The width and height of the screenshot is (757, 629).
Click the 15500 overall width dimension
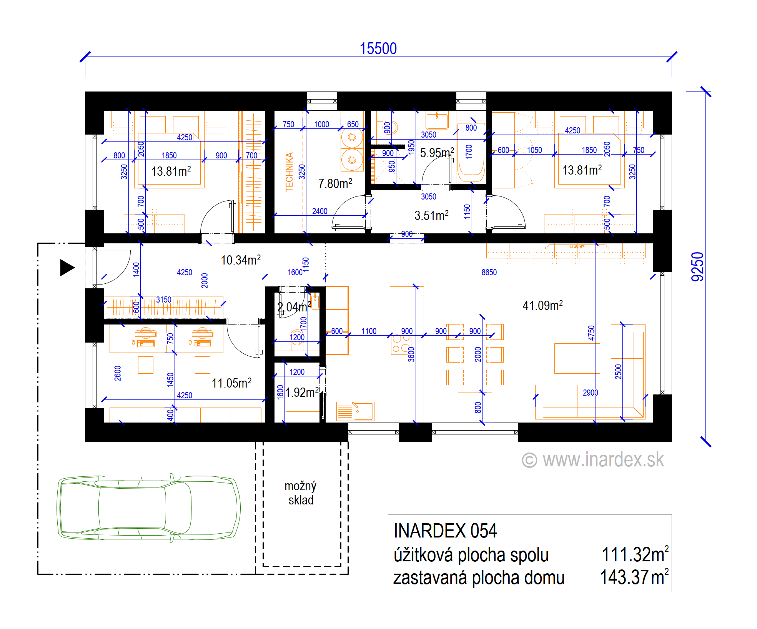pyautogui.click(x=378, y=49)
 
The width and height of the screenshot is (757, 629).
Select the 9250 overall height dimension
pyautogui.click(x=697, y=267)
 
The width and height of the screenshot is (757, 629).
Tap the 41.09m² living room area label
pyautogui.click(x=542, y=305)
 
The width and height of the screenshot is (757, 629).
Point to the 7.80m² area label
pyautogui.click(x=335, y=183)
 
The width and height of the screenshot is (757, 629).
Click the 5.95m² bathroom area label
pyautogui.click(x=437, y=153)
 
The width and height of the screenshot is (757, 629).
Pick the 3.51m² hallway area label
pyautogui.click(x=431, y=215)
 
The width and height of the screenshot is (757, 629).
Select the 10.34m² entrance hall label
pyautogui.click(x=241, y=260)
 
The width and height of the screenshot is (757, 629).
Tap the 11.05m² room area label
pyautogui.click(x=231, y=383)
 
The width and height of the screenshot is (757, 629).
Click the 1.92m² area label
pyautogui.click(x=302, y=392)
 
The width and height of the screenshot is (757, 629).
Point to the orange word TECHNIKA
pyautogui.click(x=289, y=172)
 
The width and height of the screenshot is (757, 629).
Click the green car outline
pyautogui.click(x=149, y=508)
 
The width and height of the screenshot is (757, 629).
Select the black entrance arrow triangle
pyautogui.click(x=67, y=268)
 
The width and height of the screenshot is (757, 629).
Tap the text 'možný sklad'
pyautogui.click(x=301, y=493)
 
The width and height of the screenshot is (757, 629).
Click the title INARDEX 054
pyautogui.click(x=445, y=531)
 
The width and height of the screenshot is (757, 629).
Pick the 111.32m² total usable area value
pyautogui.click(x=635, y=554)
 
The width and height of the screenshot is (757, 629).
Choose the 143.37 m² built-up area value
pyautogui.click(x=634, y=577)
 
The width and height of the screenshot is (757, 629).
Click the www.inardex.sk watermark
pyautogui.click(x=592, y=460)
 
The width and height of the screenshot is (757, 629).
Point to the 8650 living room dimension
pyautogui.click(x=489, y=272)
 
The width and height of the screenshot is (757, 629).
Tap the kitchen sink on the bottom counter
pyautogui.click(x=355, y=411)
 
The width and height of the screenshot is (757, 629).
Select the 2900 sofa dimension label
pyautogui.click(x=590, y=393)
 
